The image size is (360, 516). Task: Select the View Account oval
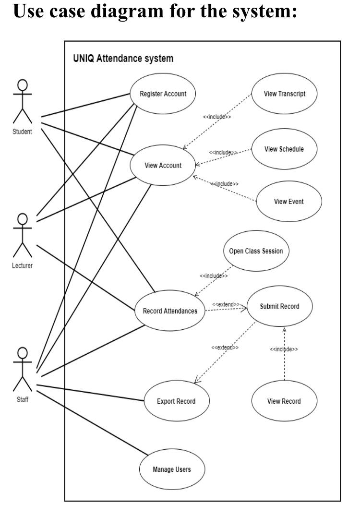[163, 166]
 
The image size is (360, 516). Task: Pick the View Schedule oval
[284, 149]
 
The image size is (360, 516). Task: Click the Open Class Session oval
[256, 251]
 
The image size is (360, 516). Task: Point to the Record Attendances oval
[170, 311]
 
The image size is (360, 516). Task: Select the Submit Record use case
[279, 307]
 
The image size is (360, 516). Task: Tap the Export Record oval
[176, 401]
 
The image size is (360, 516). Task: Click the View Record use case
[284, 401]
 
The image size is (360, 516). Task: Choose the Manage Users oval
[171, 469]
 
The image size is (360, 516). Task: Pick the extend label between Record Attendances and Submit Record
[226, 304]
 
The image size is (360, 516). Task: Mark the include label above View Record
[284, 349]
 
